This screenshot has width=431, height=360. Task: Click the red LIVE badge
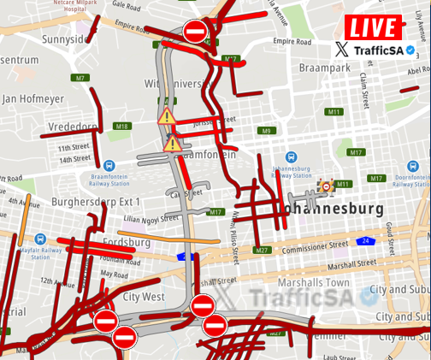[374, 27]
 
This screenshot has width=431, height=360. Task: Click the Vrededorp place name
[73, 126]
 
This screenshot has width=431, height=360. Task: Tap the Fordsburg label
[126, 243]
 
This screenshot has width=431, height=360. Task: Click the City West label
[143, 297]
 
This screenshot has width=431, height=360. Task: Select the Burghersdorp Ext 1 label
[96, 202]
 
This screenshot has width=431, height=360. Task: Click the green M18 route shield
[121, 126]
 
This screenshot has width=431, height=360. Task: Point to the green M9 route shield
[267, 131]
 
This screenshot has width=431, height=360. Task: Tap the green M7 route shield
[80, 78]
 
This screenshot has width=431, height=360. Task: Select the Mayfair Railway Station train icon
[40, 239]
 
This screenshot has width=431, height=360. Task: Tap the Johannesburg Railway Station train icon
[291, 157]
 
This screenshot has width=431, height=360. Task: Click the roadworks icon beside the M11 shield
[326, 185]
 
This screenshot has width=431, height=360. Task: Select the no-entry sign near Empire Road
[195, 32]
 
